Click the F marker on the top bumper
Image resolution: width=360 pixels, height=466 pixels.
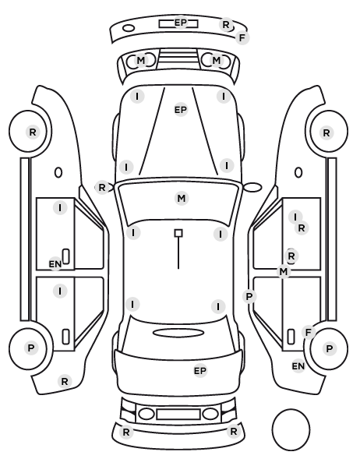[242, 37]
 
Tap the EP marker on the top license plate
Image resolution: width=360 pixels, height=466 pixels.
[181, 23]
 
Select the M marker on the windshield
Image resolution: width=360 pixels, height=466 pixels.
[182, 198]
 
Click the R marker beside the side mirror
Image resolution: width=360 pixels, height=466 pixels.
[101, 188]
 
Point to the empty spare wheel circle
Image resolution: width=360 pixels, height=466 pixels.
[291, 429]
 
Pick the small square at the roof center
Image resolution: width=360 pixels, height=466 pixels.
[178, 233]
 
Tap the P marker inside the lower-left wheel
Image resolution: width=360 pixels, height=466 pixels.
[31, 348]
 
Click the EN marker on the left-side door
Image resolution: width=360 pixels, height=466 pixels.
[55, 263]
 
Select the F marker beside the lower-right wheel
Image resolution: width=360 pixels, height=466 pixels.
[309, 332]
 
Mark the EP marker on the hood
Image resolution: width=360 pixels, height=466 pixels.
[181, 110]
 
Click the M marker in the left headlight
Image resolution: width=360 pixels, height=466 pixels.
[140, 60]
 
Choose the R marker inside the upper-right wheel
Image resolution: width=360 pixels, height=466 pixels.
[326, 132]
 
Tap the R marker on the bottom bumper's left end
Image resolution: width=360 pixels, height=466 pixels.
[126, 432]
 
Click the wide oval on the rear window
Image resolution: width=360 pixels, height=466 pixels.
[178, 333]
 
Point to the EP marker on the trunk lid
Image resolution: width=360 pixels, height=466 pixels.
[200, 371]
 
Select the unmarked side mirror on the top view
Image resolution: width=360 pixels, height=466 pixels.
[252, 187]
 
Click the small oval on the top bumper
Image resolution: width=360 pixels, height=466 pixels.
[129, 28]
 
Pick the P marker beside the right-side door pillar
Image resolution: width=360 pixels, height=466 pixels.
[249, 296]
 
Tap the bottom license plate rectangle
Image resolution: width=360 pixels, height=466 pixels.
[178, 415]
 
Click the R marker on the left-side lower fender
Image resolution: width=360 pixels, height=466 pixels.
[65, 381]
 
